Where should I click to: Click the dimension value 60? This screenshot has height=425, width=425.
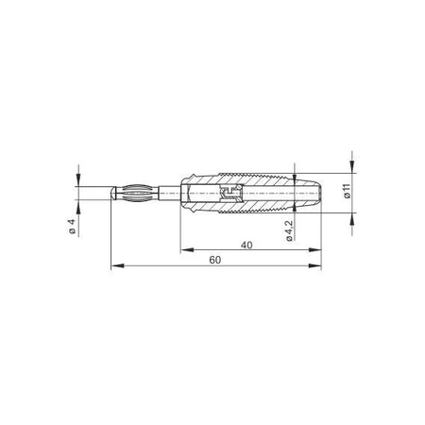[215, 260]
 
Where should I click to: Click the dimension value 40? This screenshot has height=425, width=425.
[246, 245]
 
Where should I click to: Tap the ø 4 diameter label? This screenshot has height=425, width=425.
[72, 227]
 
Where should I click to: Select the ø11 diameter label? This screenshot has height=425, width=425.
[347, 192]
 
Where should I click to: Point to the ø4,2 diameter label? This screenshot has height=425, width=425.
[289, 230]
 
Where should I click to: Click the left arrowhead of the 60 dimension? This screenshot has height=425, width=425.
[117, 266]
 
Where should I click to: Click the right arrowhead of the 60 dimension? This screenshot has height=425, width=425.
[315, 266]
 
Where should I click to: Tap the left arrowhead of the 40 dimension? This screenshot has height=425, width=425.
[187, 250]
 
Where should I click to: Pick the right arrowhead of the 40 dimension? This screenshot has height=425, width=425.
[315, 250]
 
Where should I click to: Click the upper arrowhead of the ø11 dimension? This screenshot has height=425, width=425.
[352, 167]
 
